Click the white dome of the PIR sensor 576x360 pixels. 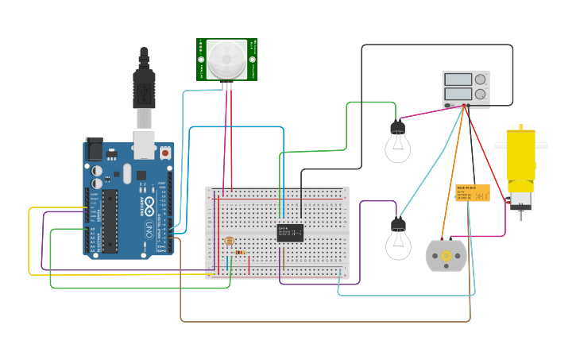[227, 57]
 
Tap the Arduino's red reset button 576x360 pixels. [165, 151]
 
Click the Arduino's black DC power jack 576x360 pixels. [94, 149]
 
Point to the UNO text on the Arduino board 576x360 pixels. [149, 230]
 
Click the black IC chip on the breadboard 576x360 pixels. [290, 232]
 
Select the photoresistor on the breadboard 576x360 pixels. [229, 241]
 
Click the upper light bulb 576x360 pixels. [397, 143]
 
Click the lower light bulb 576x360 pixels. [398, 241]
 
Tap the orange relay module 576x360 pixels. [472, 193]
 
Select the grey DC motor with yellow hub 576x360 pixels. [446, 256]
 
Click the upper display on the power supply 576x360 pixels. [458, 79]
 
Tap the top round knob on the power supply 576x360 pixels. [480, 79]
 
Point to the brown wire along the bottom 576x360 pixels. [318, 321]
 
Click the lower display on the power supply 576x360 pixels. [458, 94]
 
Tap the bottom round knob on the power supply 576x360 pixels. [480, 94]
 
